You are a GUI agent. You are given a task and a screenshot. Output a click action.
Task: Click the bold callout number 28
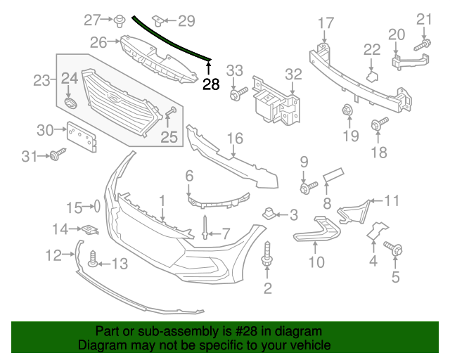tap(210, 84)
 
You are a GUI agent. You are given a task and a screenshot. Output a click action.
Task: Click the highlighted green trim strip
tap(172, 39)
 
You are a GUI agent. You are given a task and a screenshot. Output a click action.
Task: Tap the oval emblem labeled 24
tap(69, 103)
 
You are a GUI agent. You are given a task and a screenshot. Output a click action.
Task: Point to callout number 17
tap(325, 23)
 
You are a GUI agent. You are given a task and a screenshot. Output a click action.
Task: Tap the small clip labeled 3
tap(269, 212)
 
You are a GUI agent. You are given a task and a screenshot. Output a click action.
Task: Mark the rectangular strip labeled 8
tap(333, 174)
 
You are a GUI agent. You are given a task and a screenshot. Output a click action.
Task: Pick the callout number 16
tap(234, 139)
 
